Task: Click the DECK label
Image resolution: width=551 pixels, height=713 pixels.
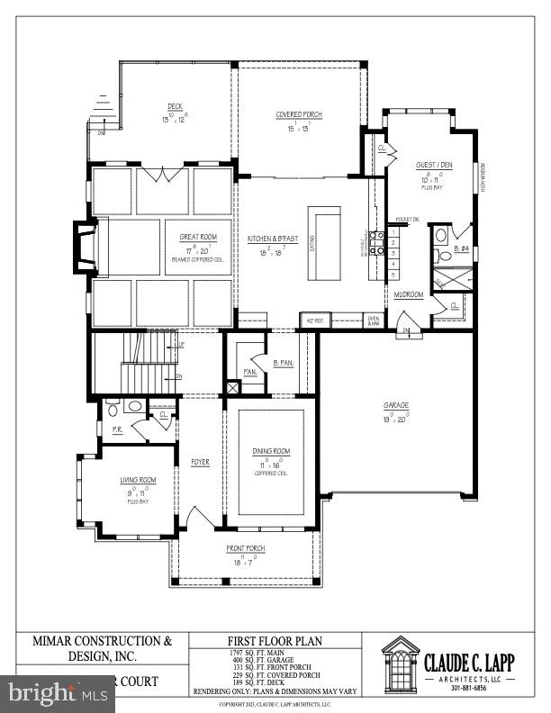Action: tap(175, 108)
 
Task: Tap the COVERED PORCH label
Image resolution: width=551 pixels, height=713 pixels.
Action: tap(298, 115)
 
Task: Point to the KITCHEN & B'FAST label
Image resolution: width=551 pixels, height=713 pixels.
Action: tap(273, 239)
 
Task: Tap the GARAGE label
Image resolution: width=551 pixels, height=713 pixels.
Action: tap(393, 406)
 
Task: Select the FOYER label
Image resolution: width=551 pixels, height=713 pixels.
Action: tap(200, 463)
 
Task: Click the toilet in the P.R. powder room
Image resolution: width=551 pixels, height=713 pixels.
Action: tap(112, 410)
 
